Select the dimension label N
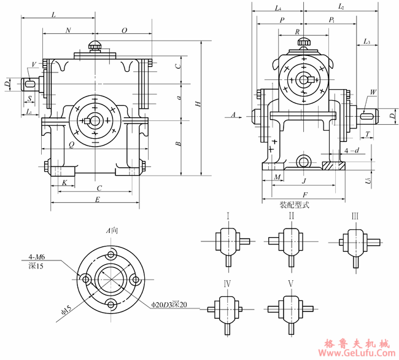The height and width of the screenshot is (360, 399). tap(68, 29)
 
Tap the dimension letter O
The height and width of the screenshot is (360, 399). tap(125, 29)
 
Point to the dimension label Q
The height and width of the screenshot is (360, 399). tap(72, 145)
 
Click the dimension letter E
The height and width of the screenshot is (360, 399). tap(98, 200)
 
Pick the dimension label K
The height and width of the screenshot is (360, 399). tap(64, 183)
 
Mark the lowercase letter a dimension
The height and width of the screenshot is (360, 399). tap(178, 97)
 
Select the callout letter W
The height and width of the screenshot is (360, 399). tap(372, 93)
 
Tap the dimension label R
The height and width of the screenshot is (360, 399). tap(297, 31)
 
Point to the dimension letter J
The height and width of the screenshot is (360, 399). tap(303, 181)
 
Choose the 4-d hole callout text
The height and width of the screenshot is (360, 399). tap(352, 150)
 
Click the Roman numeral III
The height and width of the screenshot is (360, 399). tap(355, 216)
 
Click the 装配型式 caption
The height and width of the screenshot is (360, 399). tap(294, 205)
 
